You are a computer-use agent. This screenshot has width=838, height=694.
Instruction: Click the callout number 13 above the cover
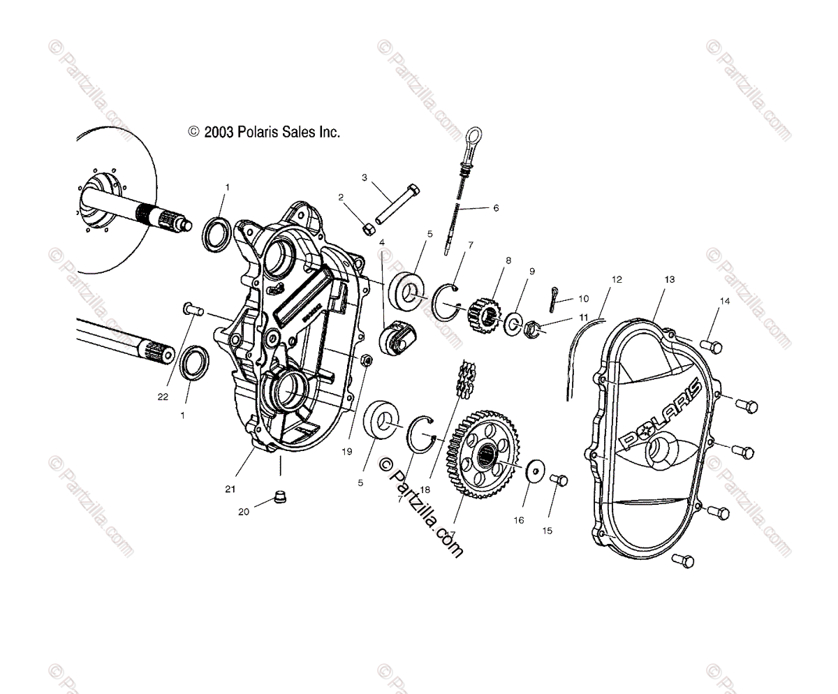[x=669, y=279]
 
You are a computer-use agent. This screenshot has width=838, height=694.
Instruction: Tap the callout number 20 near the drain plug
[x=244, y=512]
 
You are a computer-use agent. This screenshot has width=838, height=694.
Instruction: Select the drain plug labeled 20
[x=281, y=497]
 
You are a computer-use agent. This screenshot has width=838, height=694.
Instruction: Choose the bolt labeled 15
[x=560, y=481]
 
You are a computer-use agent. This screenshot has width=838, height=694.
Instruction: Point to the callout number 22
[x=163, y=397]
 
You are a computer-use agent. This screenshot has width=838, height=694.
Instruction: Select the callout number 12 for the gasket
[x=616, y=279]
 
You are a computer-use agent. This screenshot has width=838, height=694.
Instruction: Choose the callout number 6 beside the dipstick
[x=496, y=208]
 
